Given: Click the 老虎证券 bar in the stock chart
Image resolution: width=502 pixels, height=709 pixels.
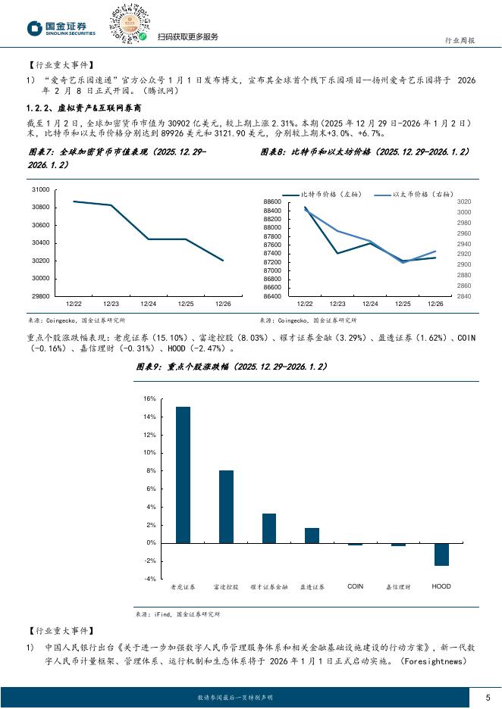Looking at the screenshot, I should (x=183, y=475).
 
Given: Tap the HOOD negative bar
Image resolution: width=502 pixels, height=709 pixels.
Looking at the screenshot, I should (x=441, y=554).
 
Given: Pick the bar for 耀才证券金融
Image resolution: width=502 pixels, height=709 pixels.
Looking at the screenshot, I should (x=269, y=528).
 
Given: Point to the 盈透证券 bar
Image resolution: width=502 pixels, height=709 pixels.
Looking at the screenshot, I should (x=312, y=536).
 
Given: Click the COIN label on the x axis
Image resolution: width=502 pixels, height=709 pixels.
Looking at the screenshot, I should (x=355, y=586).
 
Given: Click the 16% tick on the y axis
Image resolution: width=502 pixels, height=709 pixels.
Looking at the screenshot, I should (x=149, y=398).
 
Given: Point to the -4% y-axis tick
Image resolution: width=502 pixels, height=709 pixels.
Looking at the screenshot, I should (x=149, y=579).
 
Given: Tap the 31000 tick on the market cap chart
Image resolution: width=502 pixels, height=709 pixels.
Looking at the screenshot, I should (x=41, y=189).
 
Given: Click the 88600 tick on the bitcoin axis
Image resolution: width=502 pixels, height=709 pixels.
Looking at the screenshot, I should (x=274, y=201).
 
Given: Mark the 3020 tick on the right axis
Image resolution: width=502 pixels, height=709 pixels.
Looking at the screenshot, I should (x=464, y=201).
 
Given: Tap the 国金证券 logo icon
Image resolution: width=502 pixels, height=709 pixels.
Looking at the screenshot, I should (x=35, y=29).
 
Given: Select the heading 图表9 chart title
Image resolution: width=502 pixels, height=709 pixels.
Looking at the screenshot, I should (x=231, y=367).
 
